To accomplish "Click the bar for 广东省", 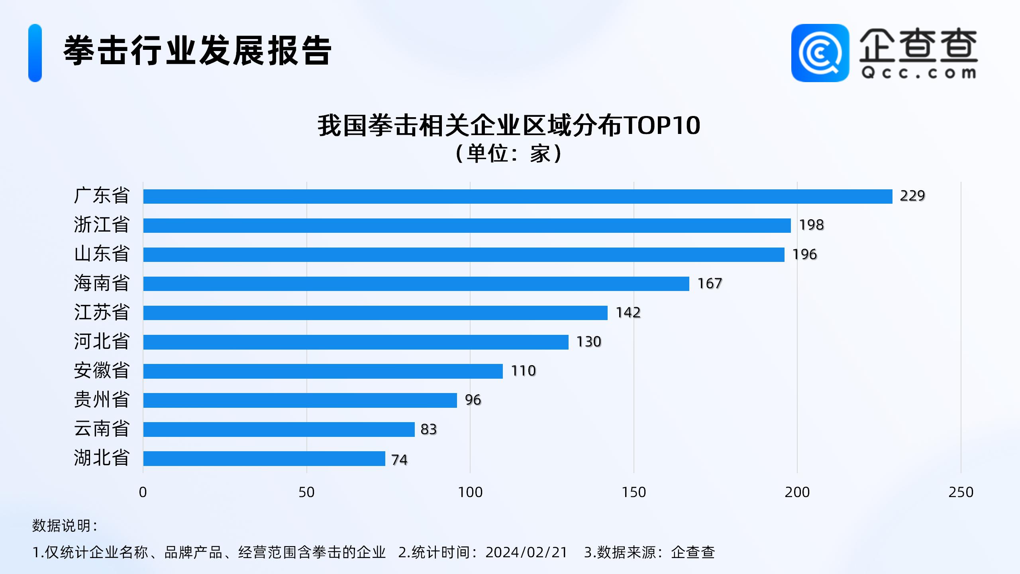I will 518,197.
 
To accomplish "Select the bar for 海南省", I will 416,284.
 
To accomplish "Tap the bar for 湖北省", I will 264,458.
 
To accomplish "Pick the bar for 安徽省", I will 323,371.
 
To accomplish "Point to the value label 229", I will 912,196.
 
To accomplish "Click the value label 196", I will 804,254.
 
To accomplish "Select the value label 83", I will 429,429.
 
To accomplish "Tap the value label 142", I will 628,313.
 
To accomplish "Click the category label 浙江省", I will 102,225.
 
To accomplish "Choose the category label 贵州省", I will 102,399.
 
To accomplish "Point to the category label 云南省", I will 102,429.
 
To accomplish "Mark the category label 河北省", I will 102,342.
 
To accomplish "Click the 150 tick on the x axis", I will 634,492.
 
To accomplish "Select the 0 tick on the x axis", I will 143,492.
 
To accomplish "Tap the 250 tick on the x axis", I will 961,492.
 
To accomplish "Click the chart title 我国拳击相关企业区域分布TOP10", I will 509,126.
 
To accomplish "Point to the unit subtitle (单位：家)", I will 509,153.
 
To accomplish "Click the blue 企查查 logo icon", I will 820,53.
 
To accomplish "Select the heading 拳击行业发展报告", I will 197,51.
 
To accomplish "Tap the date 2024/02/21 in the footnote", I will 526,552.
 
